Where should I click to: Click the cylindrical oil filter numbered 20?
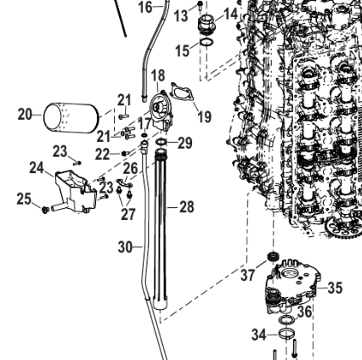point(71,117)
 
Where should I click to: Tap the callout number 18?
point(158,76)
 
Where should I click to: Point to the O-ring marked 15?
point(206,42)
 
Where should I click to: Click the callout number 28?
point(187,207)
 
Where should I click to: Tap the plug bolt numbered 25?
point(45,210)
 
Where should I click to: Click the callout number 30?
point(126,247)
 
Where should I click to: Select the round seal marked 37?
point(274,256)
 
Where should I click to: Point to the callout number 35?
point(336,288)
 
